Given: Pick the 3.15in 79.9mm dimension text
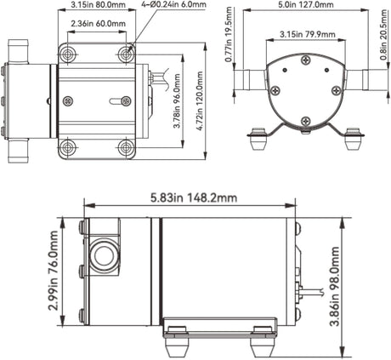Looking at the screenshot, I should pyautogui.click(x=305, y=35).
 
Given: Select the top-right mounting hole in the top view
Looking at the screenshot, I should pyautogui.click(x=126, y=54).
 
